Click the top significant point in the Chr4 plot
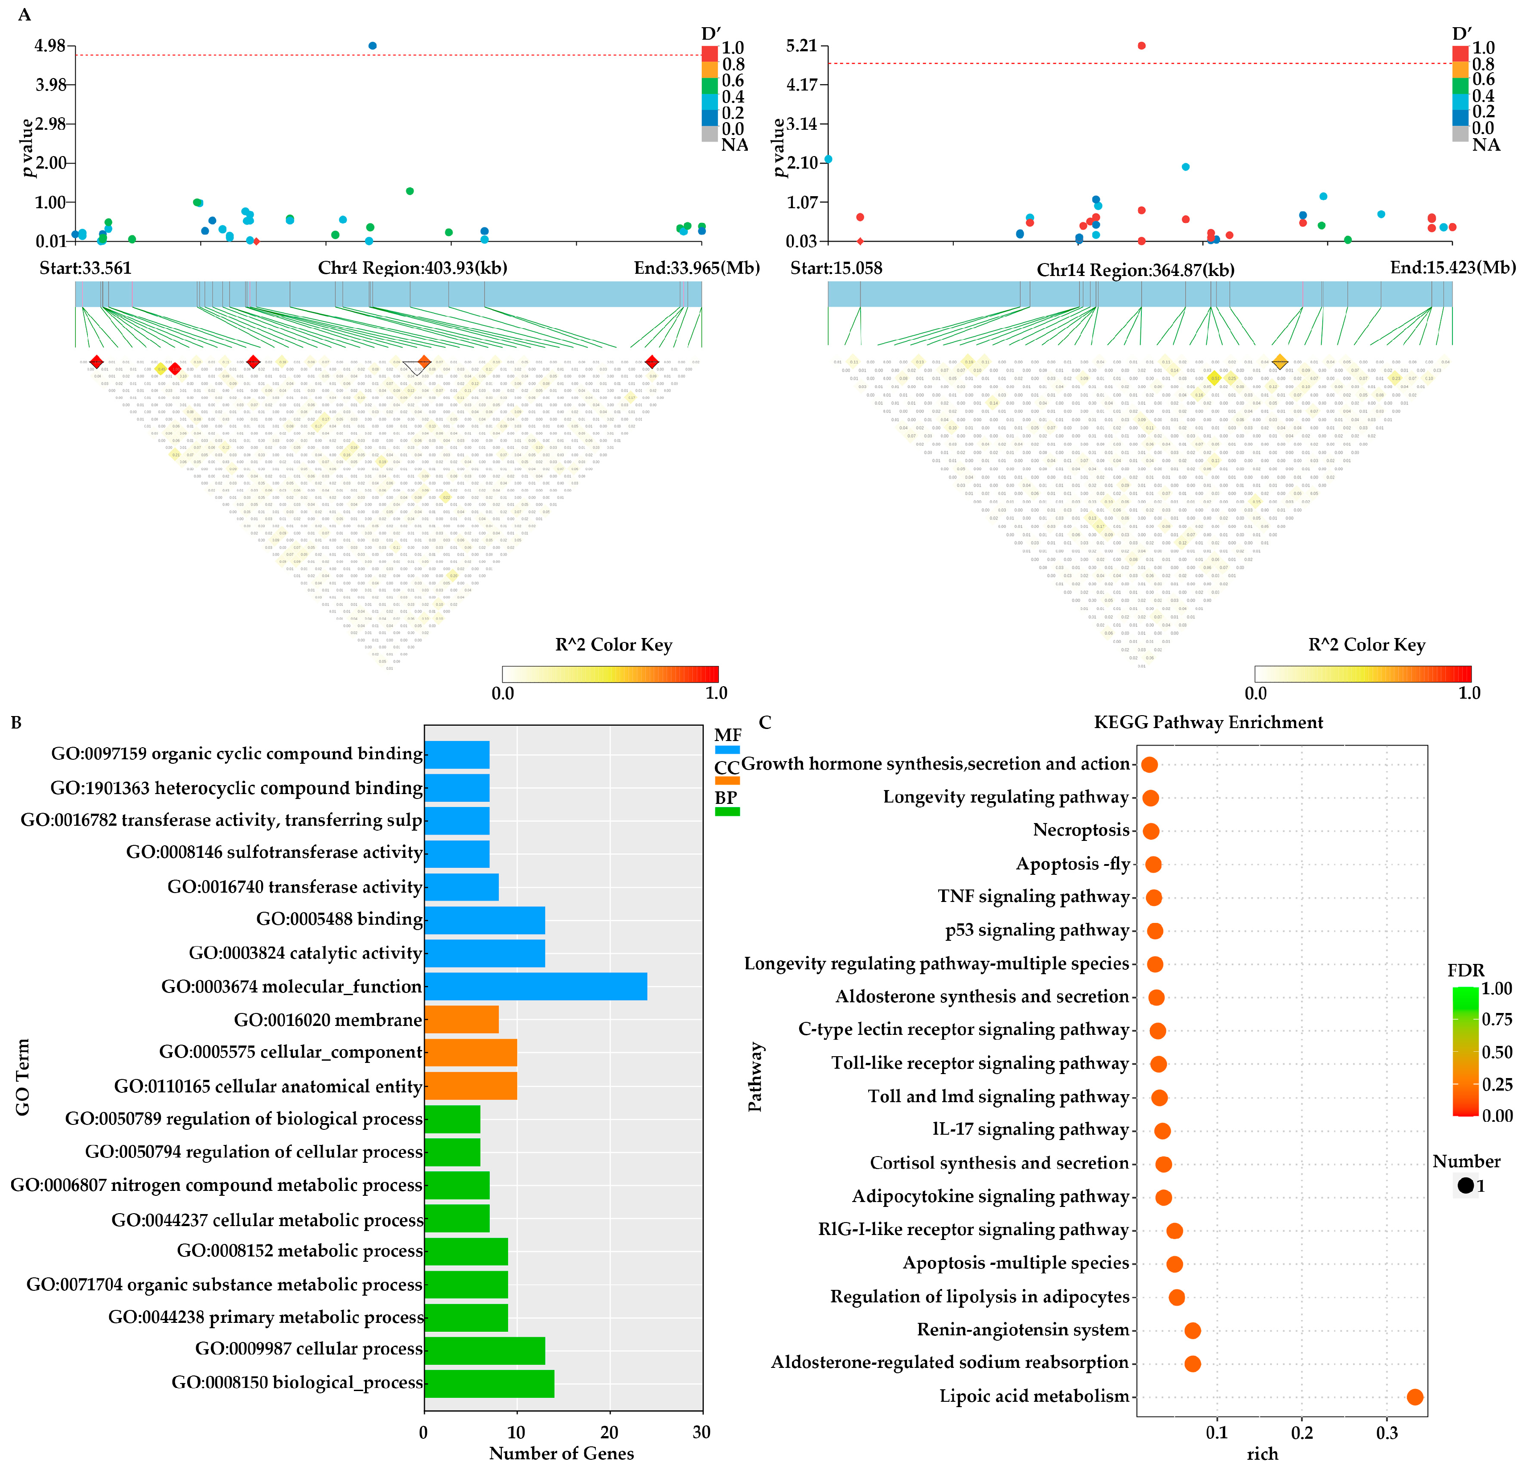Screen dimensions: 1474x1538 pyautogui.click(x=373, y=45)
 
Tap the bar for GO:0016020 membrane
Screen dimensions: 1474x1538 pyautogui.click(x=461, y=1020)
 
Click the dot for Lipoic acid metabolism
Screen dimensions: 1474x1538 pyautogui.click(x=1415, y=1396)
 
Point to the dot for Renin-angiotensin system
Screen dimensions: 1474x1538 pyautogui.click(x=1192, y=1330)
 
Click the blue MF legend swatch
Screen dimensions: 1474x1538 pyautogui.click(x=727, y=749)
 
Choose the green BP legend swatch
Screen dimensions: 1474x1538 pyautogui.click(x=727, y=811)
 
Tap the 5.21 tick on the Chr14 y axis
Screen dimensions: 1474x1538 pyautogui.click(x=802, y=45)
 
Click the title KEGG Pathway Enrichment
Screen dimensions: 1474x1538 pyautogui.click(x=1209, y=722)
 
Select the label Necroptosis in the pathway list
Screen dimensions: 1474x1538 pyautogui.click(x=1081, y=830)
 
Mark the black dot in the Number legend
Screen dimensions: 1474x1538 pyautogui.click(x=1465, y=1186)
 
